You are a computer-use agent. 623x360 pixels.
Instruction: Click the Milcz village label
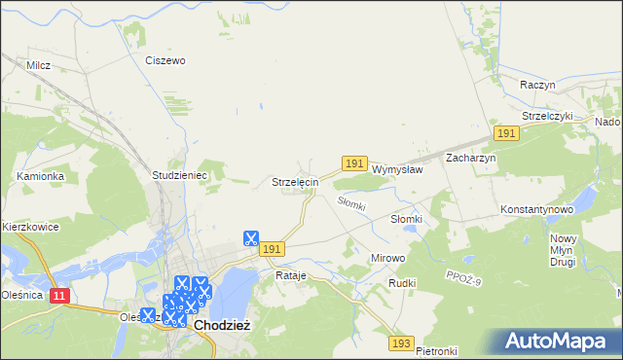pos(39,65)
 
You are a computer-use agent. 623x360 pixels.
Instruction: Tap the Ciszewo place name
pos(165,60)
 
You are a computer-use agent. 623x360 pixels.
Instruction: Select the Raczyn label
pos(537,85)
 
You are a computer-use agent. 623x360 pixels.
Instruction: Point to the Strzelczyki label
pos(548,115)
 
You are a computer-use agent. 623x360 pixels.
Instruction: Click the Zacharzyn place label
pos(471,158)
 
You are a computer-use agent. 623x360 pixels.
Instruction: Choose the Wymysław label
pos(397,168)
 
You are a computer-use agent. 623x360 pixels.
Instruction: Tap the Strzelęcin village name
pos(294,182)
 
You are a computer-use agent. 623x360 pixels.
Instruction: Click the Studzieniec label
pos(175,175)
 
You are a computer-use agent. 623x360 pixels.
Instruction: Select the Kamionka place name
pos(40,176)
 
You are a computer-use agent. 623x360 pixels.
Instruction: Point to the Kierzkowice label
pos(30,227)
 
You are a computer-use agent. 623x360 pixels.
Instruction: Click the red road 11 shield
pos(59,293)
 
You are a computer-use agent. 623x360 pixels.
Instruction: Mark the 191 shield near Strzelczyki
pos(505,132)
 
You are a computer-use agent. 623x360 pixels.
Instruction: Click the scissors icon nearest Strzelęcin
pos(250,237)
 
